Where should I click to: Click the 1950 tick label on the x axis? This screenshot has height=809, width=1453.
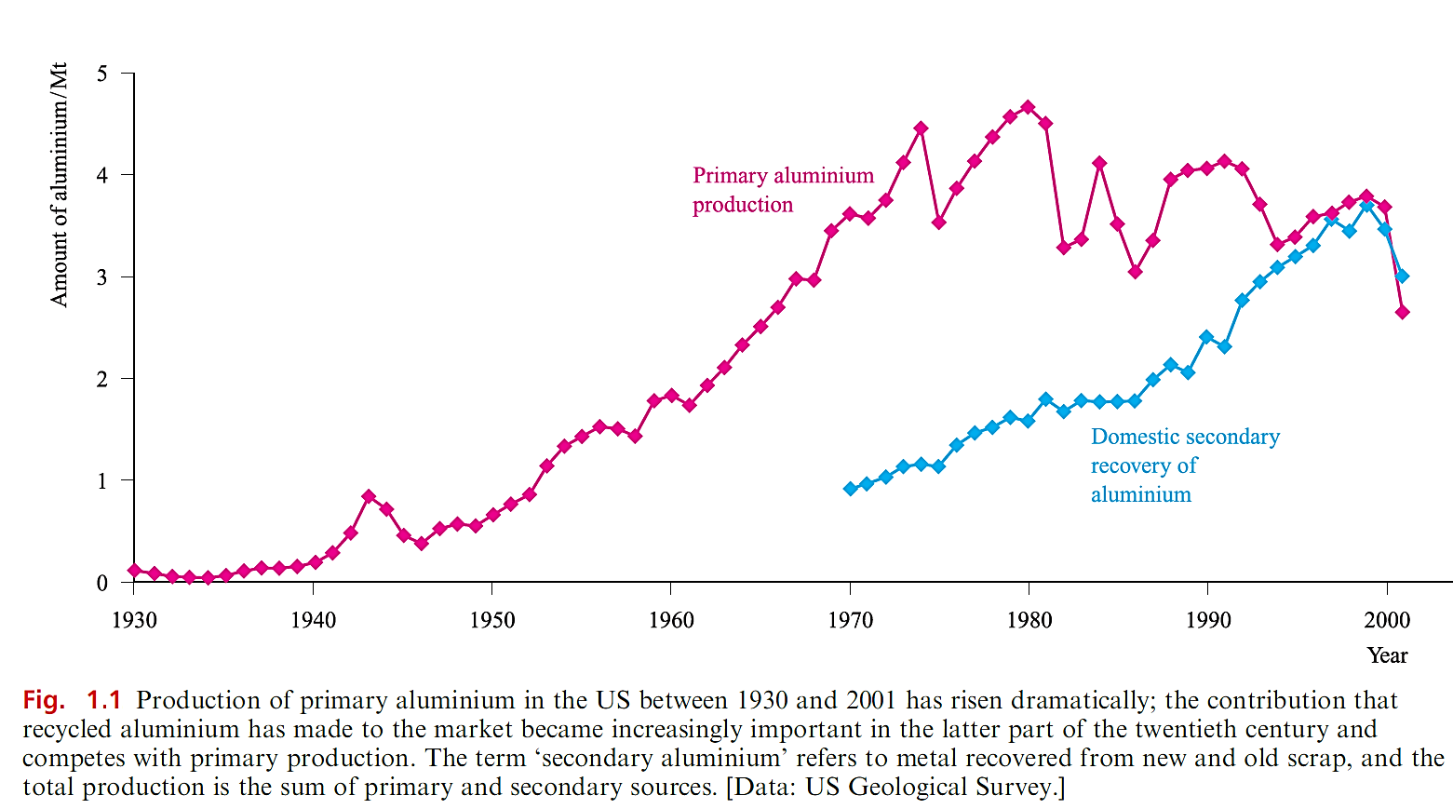(491, 621)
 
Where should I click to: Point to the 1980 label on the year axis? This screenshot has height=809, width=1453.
(1029, 621)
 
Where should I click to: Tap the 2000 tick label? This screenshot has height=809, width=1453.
(1387, 621)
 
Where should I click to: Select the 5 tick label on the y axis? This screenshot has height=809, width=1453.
(102, 74)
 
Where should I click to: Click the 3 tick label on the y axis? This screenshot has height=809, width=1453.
(102, 277)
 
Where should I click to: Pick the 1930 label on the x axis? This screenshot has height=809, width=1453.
(134, 621)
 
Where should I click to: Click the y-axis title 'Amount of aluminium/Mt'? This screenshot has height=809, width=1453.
(60, 184)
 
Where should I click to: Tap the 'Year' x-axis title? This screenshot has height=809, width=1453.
(1387, 655)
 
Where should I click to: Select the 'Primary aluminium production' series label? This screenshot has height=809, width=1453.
(783, 190)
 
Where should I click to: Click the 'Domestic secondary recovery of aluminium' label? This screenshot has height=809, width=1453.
(1185, 465)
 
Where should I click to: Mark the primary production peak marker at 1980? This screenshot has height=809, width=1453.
(1028, 107)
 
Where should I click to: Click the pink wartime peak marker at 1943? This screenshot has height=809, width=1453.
(369, 496)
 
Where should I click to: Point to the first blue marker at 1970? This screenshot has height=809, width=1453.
(850, 489)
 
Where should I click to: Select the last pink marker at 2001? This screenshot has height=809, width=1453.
(1403, 313)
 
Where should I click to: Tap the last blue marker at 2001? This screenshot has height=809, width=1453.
(1403, 276)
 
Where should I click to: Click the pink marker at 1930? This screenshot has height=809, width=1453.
(134, 571)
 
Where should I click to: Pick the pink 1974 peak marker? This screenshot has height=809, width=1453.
(921, 128)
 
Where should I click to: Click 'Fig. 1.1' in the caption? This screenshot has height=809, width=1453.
(72, 700)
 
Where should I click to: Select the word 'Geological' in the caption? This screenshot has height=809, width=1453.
(908, 788)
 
